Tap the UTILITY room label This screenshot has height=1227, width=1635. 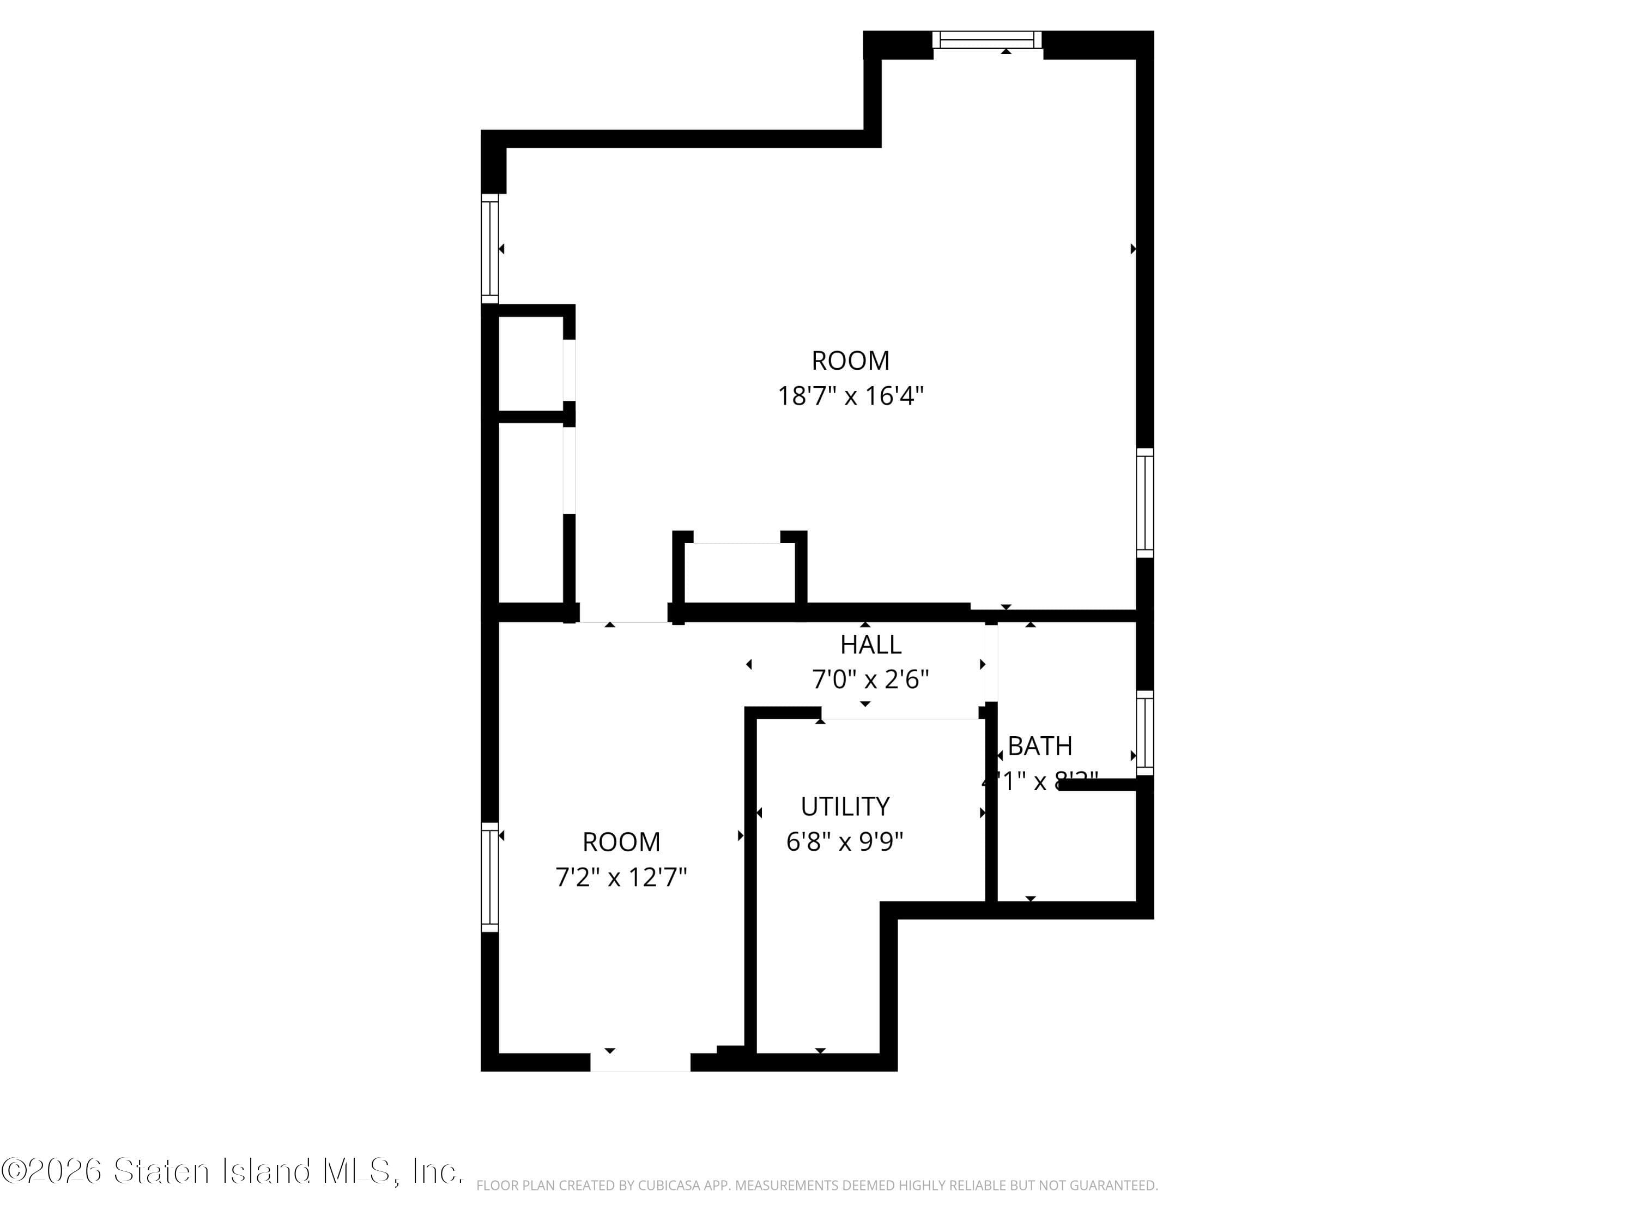click(845, 806)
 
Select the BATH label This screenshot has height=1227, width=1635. click(1039, 746)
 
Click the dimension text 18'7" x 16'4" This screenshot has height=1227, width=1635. click(850, 396)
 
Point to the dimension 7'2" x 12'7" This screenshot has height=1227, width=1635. click(621, 877)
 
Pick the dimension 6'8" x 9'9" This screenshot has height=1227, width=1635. click(844, 841)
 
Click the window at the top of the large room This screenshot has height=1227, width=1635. click(987, 40)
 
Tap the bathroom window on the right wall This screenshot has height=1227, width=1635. click(1144, 732)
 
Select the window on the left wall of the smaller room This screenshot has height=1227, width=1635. click(490, 877)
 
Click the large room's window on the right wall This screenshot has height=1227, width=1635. click(1144, 503)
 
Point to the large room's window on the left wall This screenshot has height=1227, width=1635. click(490, 249)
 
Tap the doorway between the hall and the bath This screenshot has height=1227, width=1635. click(991, 664)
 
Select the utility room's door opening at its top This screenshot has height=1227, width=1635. click(900, 712)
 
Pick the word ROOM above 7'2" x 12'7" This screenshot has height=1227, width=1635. click(621, 841)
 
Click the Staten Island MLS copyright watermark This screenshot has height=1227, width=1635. click(232, 1171)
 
